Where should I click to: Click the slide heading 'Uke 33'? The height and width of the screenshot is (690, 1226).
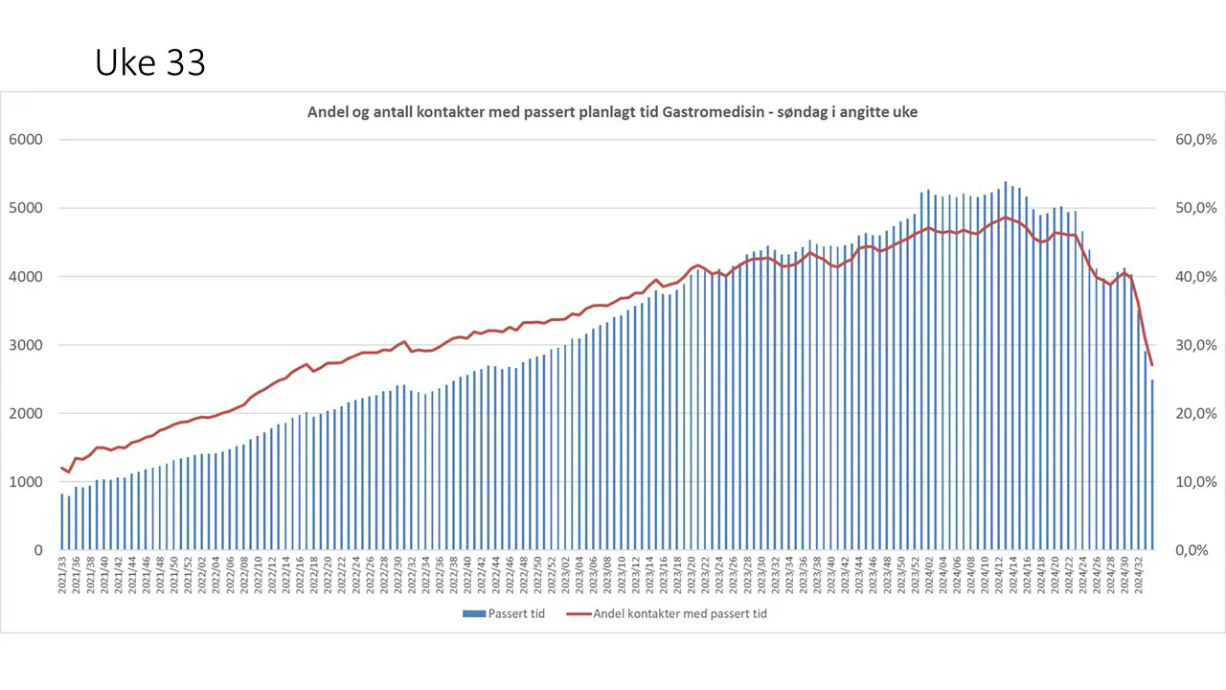point(150,63)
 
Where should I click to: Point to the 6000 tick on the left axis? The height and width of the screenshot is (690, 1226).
point(26,140)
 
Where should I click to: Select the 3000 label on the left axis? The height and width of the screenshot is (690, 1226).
point(26,345)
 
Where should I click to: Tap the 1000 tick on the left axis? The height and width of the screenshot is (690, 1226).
point(26,482)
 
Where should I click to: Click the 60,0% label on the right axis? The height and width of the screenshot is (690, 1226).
point(1195,140)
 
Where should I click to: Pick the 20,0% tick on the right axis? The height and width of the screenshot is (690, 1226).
point(1195,414)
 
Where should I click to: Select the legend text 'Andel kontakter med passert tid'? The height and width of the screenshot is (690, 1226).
point(680,613)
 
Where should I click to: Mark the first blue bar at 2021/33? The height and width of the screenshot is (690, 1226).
point(62,522)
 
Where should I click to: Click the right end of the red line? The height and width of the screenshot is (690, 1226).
point(1152,365)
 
